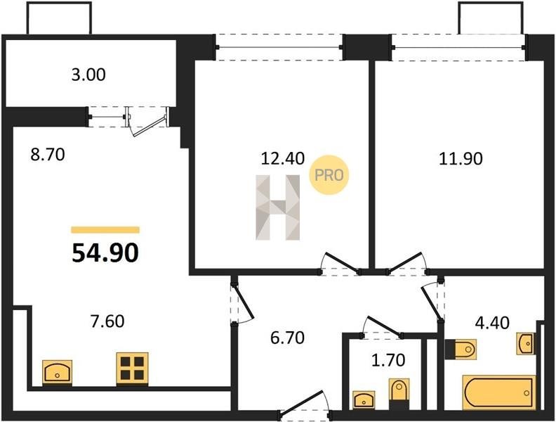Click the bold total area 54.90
[x=105, y=253]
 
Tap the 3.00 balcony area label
[x=88, y=75]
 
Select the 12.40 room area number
[x=283, y=158]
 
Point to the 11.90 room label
[x=461, y=158]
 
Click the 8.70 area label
[x=48, y=155]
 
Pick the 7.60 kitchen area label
[x=107, y=321]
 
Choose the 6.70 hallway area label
[x=287, y=338]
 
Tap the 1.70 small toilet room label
[x=388, y=360]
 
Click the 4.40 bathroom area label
[x=492, y=323]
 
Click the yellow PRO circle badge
[x=329, y=175]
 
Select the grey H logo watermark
[x=277, y=207]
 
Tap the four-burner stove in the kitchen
[x=132, y=369]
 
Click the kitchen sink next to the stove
[x=58, y=372]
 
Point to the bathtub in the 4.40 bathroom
[x=498, y=393]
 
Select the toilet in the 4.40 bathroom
[x=461, y=350]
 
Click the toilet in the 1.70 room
[x=399, y=394]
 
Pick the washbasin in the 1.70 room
[x=364, y=399]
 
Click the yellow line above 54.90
[x=105, y=230]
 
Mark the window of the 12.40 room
[x=279, y=47]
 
